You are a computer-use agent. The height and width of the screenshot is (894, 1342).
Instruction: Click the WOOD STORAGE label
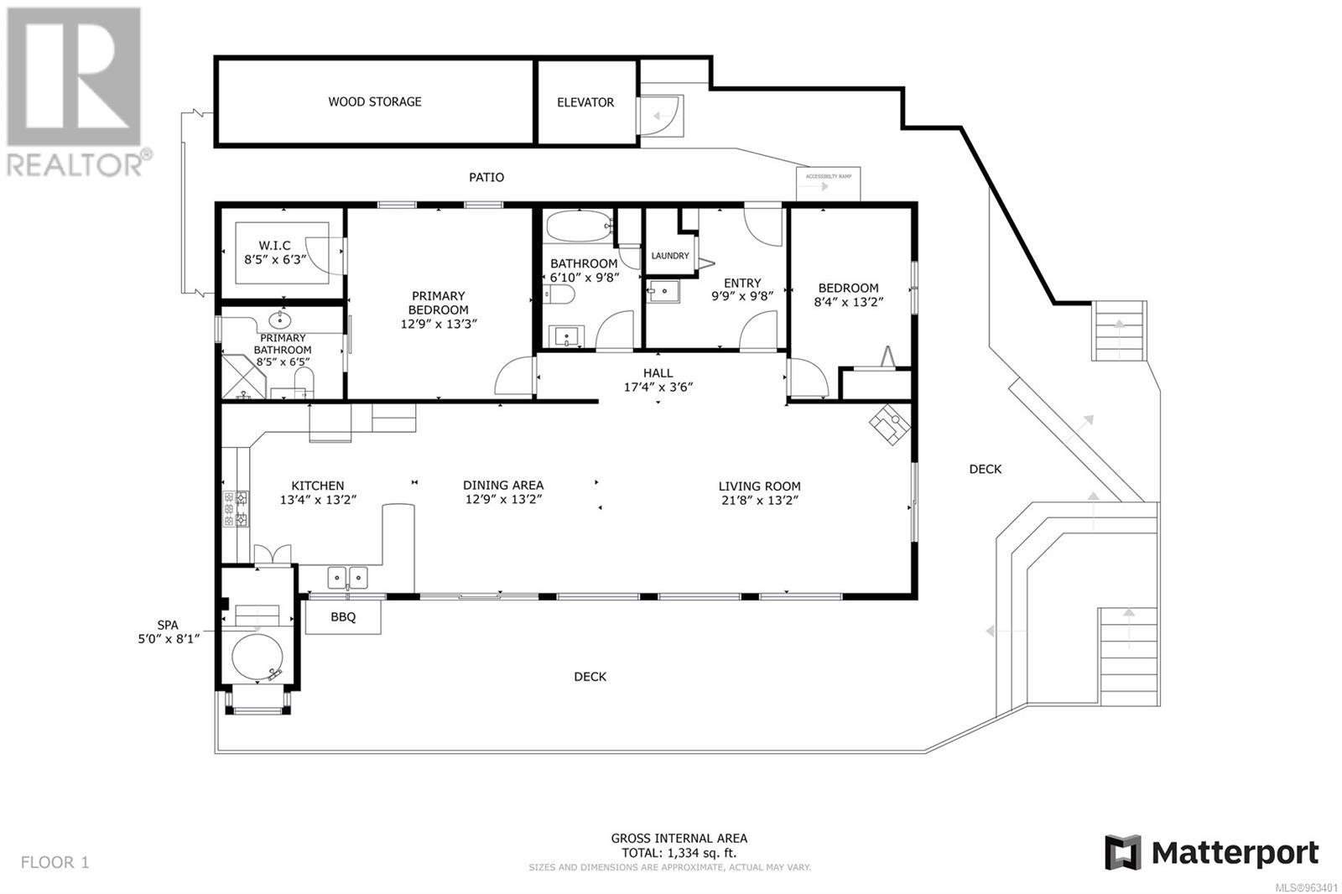(x=374, y=101)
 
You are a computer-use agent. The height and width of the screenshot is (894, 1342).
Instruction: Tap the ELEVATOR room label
(x=585, y=102)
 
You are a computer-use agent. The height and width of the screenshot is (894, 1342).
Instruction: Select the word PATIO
(x=486, y=177)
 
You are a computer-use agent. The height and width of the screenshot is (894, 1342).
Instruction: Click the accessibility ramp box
(x=828, y=183)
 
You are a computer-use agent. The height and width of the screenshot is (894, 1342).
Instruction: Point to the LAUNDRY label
(x=669, y=256)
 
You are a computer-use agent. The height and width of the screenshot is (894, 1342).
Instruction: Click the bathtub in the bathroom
(x=579, y=226)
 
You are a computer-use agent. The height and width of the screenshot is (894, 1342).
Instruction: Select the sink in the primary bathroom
(x=279, y=320)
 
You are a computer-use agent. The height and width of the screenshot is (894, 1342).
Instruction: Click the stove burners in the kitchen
(x=236, y=508)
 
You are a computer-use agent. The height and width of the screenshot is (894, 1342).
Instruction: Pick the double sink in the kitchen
(x=346, y=577)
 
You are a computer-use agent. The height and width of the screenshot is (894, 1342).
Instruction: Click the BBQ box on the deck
(x=343, y=617)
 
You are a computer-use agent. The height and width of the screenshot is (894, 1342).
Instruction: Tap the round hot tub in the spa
(x=258, y=659)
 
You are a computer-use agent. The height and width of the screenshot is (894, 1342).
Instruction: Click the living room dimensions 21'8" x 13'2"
(x=759, y=501)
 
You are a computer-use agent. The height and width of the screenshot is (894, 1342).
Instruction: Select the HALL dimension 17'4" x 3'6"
(x=658, y=387)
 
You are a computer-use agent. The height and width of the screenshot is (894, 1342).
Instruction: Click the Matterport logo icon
(x=1122, y=853)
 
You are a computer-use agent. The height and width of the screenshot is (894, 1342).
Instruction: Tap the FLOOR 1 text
(x=55, y=862)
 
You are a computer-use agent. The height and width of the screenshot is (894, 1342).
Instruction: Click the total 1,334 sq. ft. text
(x=679, y=853)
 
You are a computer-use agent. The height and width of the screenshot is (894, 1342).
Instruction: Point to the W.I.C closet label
(x=274, y=246)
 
